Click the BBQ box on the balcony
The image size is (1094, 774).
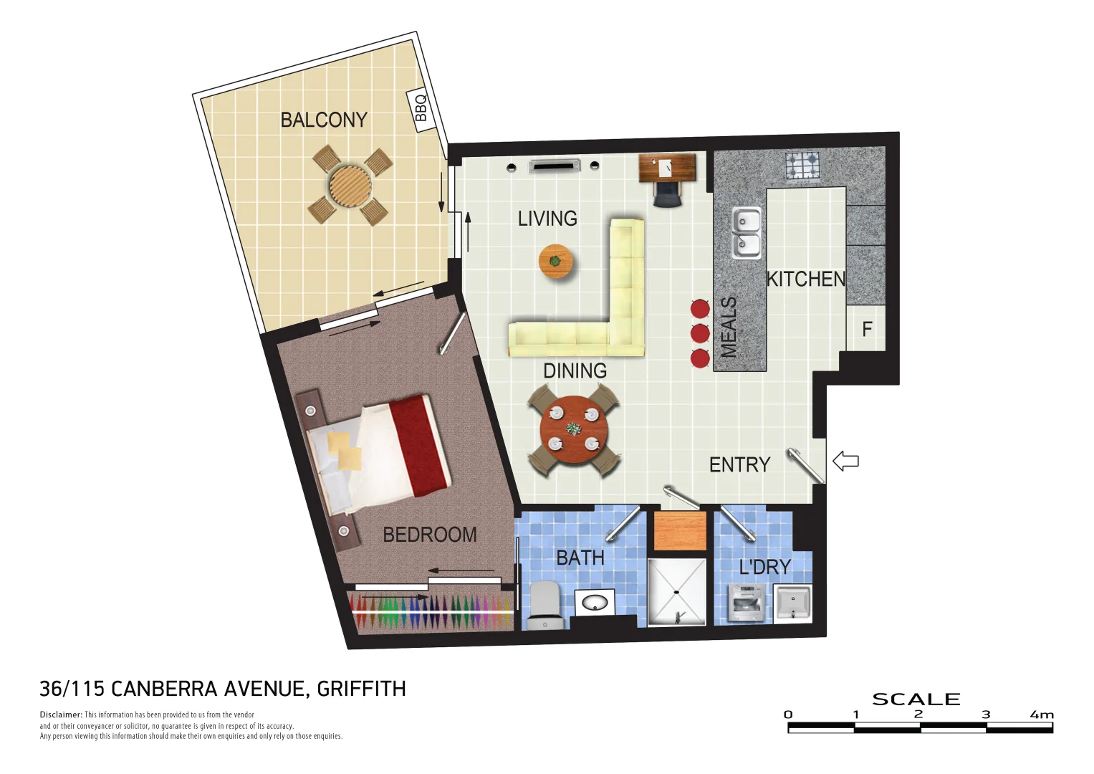421,109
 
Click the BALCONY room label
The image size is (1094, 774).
324,120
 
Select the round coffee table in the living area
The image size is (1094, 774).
555,261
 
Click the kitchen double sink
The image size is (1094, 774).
746,232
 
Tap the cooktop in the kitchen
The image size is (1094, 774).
802,166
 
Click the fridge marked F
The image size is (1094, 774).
867,329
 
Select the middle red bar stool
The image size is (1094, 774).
700,333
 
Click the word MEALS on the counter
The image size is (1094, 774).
729,327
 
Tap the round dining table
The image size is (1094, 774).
573,430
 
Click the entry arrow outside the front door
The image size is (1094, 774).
846,461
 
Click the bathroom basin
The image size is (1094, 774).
595,602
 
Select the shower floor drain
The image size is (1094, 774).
676,593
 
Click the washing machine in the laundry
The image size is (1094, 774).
745,603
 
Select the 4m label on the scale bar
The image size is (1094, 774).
1042,715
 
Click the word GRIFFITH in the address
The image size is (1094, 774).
361,689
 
